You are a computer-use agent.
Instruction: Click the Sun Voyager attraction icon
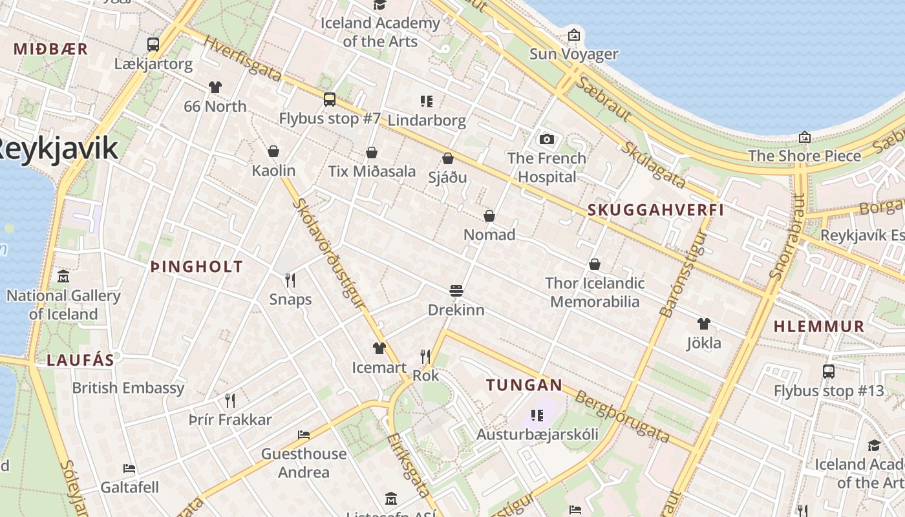coord(573,35)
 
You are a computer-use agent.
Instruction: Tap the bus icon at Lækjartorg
coord(153,45)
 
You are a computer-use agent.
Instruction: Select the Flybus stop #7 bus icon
coord(330,100)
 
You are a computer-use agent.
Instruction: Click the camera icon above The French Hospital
coord(547,139)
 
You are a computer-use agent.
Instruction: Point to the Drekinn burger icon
coord(456,291)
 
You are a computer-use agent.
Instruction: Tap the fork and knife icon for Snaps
coord(290,280)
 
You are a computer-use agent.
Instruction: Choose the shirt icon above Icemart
coord(379,348)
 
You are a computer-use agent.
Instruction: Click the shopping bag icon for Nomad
coord(489,216)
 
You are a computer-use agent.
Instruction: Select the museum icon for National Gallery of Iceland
coord(63,277)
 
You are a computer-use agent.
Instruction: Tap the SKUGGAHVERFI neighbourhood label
coord(655,210)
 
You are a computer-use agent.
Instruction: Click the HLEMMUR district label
coord(819,326)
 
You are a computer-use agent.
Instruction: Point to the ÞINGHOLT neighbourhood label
coord(197,266)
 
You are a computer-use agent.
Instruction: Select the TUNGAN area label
coord(524,385)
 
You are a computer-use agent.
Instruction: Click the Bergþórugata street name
coord(622,417)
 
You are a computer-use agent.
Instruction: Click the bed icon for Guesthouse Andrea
coord(304,435)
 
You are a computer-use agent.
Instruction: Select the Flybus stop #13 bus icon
coord(829,372)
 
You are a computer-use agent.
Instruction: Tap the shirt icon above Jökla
coord(704,324)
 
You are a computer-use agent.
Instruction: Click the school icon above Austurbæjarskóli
coord(537,415)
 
